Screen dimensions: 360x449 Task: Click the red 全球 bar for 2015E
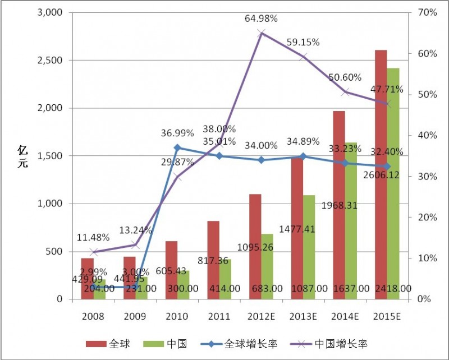381,168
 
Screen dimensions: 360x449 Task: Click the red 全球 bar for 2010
171,264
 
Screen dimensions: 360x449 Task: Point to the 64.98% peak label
262,19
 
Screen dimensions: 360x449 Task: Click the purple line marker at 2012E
262,34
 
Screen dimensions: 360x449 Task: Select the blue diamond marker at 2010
177,148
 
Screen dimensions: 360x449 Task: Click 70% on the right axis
427,12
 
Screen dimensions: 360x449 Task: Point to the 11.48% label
94,237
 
